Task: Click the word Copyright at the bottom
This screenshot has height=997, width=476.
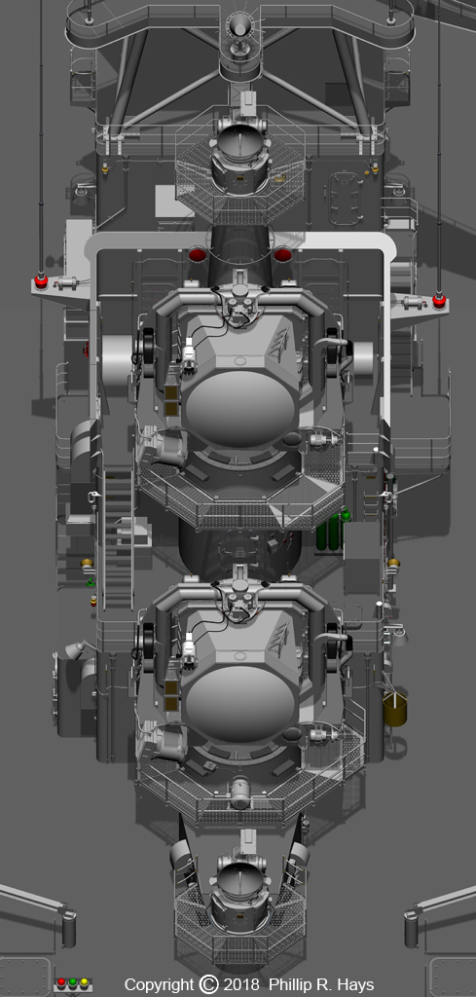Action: click(159, 985)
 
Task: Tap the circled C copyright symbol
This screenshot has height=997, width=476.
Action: click(208, 984)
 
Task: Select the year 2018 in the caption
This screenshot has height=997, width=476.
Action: click(240, 985)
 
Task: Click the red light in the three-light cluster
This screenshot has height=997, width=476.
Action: click(61, 983)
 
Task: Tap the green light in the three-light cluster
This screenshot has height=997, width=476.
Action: click(72, 983)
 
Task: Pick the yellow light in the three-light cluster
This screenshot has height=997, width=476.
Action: click(84, 983)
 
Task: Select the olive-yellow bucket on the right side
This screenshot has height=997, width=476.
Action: click(394, 710)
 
